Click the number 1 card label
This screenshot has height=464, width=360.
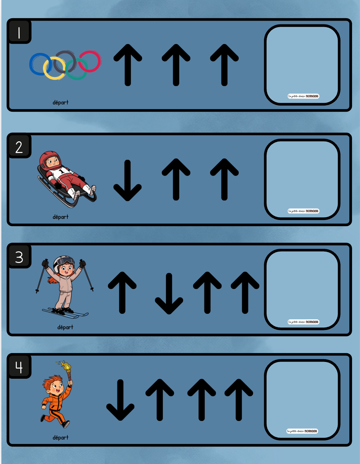[x=19, y=33]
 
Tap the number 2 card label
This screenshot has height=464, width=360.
[x=19, y=147]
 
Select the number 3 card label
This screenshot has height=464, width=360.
[x=19, y=257]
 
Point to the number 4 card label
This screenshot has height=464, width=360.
[x=19, y=367]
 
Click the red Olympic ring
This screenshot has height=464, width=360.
[x=90, y=61]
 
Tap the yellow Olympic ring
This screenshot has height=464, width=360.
[x=54, y=68]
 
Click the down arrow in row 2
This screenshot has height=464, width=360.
[x=127, y=180]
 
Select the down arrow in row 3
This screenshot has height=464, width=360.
[x=169, y=294]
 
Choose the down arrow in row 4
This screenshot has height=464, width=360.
[x=120, y=400]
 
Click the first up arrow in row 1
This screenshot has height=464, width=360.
[x=128, y=65]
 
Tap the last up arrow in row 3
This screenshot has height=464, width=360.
[x=245, y=293]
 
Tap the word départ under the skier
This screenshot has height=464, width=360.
[x=65, y=327]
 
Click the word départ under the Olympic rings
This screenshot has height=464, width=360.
[x=60, y=102]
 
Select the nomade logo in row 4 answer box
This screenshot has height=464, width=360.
[x=302, y=431]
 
